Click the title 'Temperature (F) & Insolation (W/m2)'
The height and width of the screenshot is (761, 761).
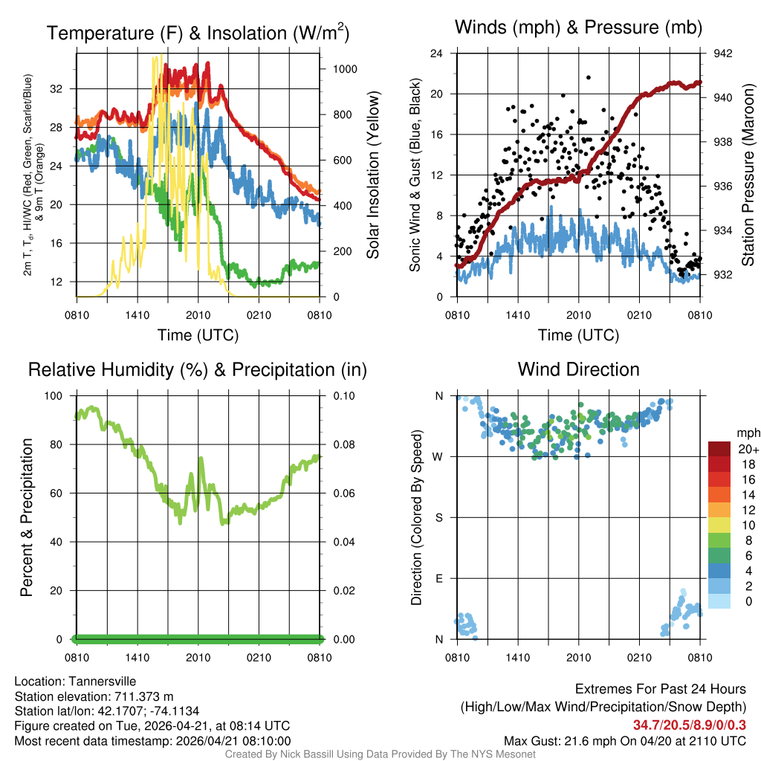[x=198, y=33]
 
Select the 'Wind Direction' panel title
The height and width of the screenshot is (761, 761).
[x=578, y=369]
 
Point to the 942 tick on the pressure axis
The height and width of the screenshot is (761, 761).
[x=723, y=54]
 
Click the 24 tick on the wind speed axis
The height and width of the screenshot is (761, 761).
[x=437, y=54]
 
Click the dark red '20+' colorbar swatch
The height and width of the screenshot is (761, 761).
[x=719, y=450]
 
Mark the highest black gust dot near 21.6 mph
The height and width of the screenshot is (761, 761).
[x=589, y=77]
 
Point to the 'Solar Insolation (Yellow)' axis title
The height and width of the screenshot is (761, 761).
[x=372, y=175]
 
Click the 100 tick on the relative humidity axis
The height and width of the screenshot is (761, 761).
[x=56, y=395]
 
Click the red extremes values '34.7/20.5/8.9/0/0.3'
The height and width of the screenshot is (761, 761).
[x=689, y=725]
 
